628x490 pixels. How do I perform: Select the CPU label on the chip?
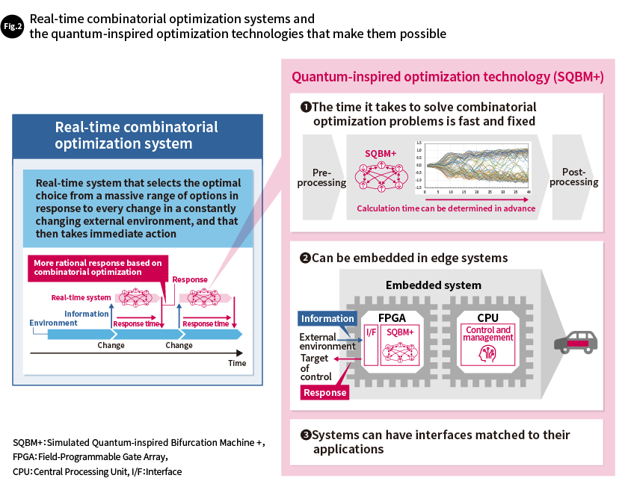487,317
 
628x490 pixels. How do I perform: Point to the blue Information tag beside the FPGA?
327,318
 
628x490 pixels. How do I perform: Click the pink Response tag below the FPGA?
324,392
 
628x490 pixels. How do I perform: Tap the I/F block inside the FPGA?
371,330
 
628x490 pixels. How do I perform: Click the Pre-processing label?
322,177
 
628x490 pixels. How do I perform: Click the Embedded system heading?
434,285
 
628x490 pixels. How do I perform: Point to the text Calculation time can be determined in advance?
446,208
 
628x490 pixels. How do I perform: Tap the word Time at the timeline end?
237,363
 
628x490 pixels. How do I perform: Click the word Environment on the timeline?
53,323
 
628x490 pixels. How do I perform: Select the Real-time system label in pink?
81,297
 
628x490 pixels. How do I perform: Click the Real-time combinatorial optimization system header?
137,135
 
